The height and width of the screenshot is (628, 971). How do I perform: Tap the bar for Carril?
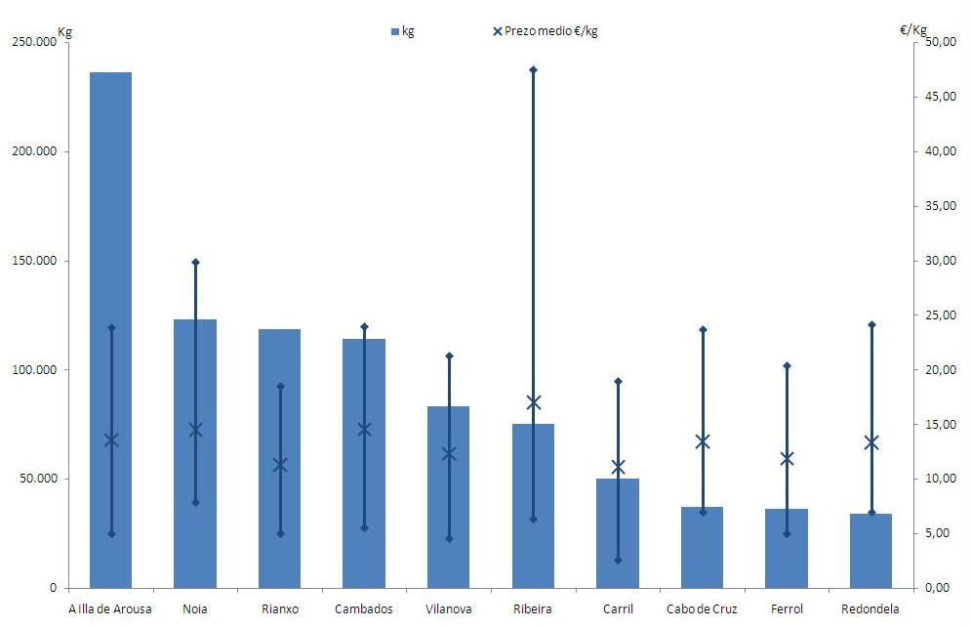pyautogui.click(x=618, y=547)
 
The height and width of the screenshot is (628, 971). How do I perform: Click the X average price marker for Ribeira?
pyautogui.click(x=533, y=402)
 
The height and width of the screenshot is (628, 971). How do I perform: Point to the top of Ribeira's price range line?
pyautogui.click(x=533, y=70)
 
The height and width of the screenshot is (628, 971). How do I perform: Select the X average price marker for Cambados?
pyautogui.click(x=364, y=429)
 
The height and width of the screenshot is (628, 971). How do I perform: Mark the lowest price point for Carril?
pyautogui.click(x=618, y=560)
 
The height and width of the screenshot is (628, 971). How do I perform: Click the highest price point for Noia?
pyautogui.click(x=195, y=262)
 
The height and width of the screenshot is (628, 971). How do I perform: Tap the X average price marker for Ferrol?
pyautogui.click(x=787, y=458)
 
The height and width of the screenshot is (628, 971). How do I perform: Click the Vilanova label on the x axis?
pyautogui.click(x=449, y=609)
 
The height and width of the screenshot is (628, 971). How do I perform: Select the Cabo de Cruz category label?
pyautogui.click(x=702, y=609)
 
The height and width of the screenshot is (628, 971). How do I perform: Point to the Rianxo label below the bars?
pyautogui.click(x=280, y=609)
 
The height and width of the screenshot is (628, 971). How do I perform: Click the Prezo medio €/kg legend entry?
pyautogui.click(x=546, y=31)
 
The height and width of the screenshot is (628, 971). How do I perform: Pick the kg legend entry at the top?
pyautogui.click(x=403, y=31)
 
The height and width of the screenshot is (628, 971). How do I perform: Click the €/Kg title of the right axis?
pyautogui.click(x=913, y=30)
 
